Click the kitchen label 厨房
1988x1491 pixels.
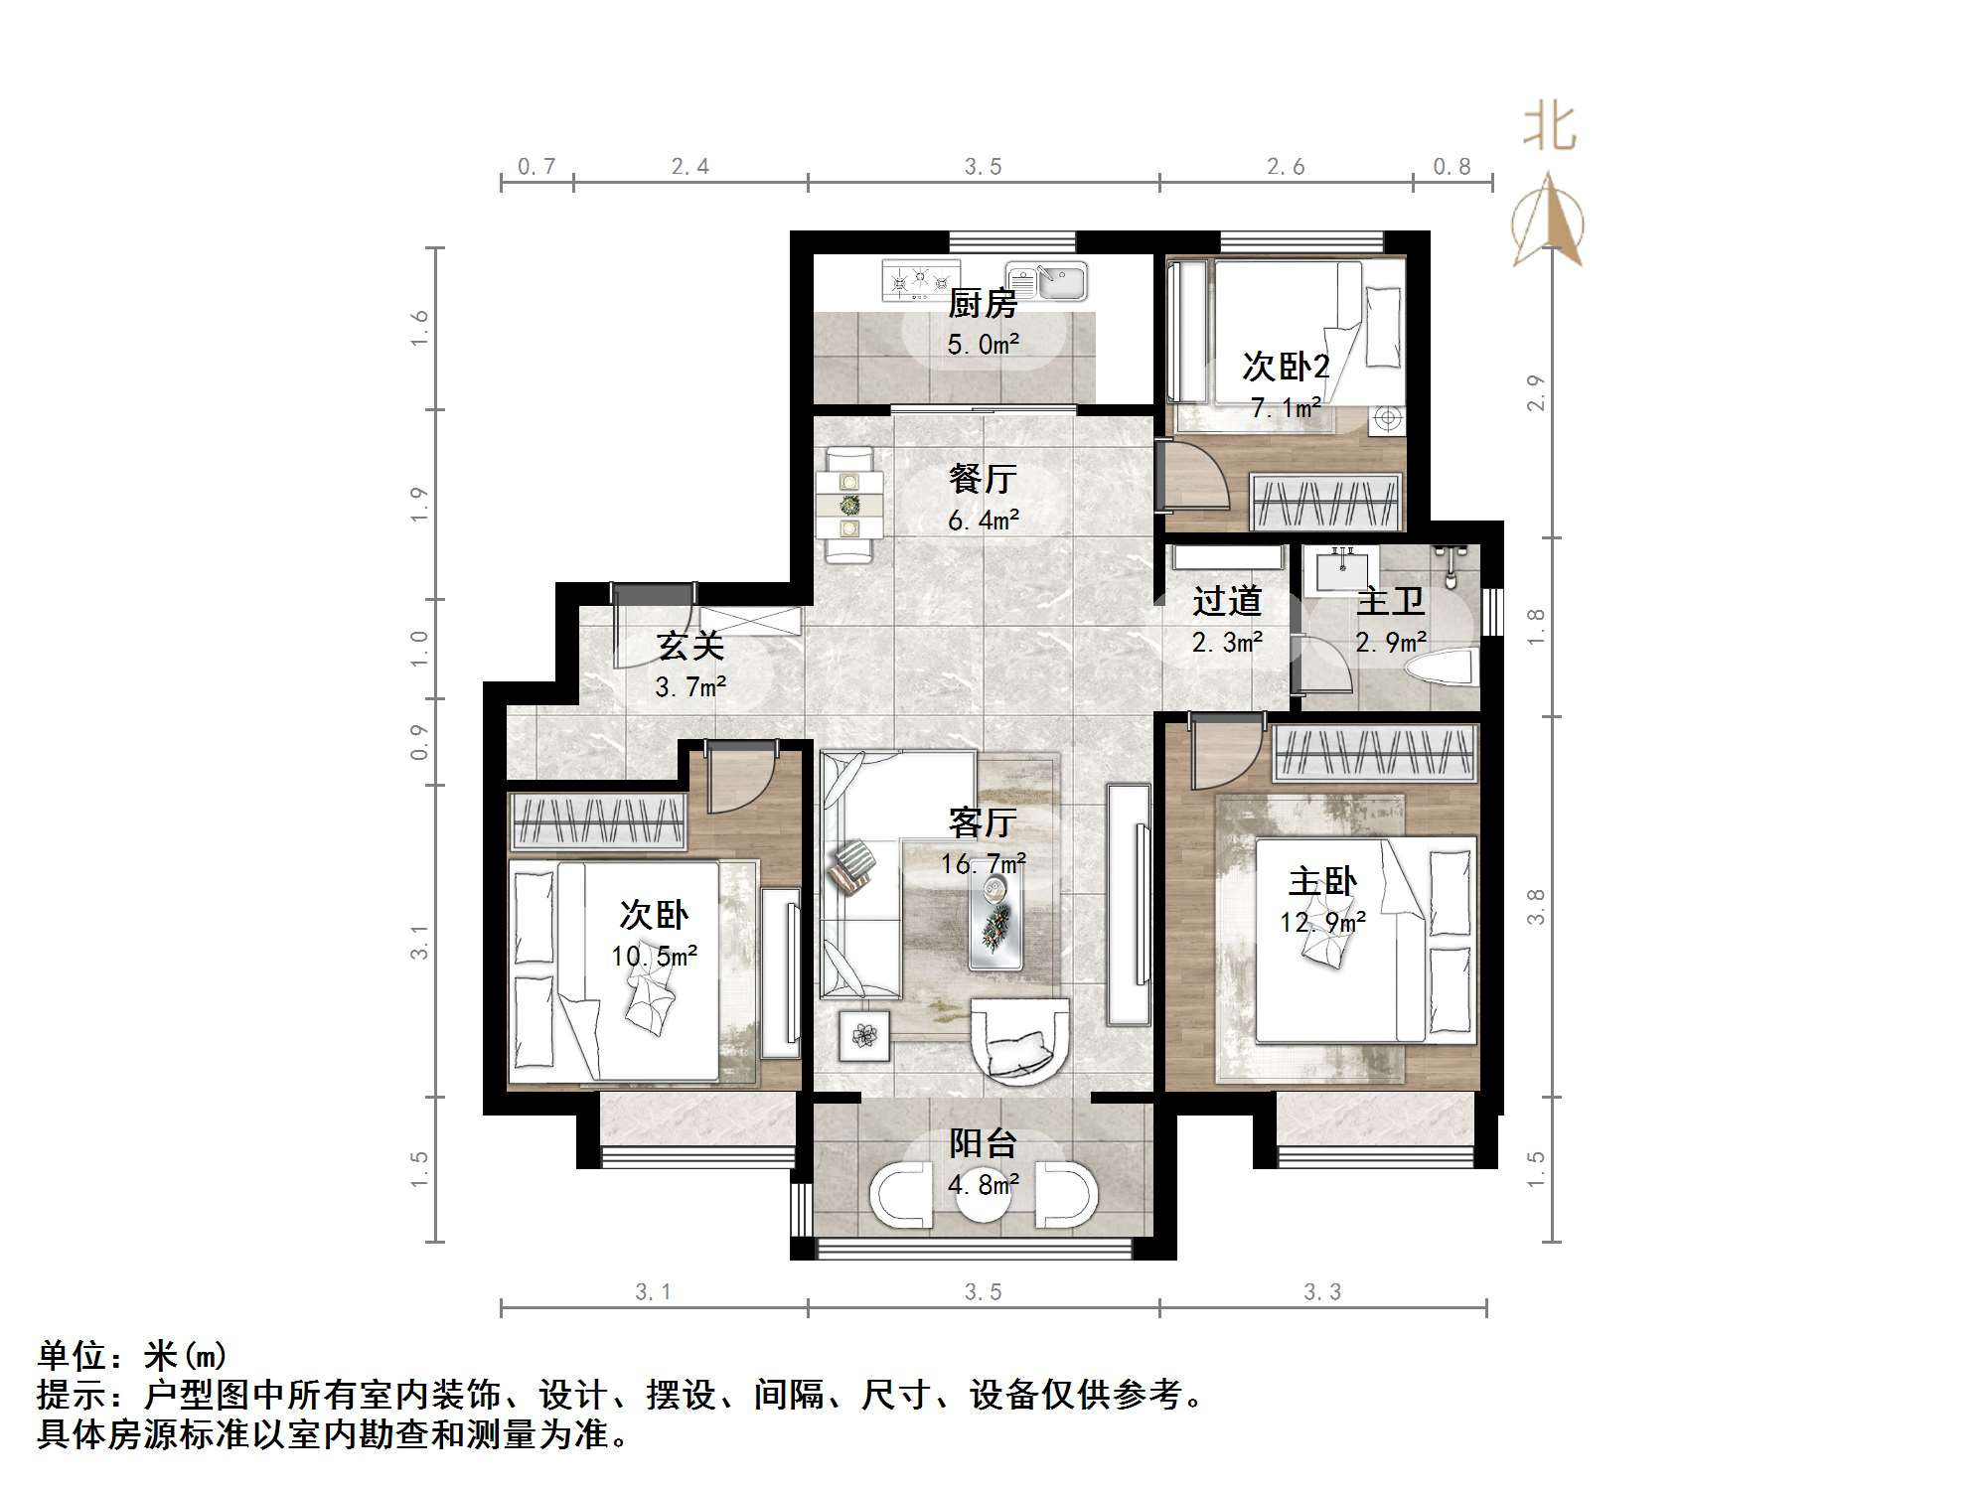click(982, 303)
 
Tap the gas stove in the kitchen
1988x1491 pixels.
click(920, 280)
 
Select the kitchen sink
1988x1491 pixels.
click(1047, 281)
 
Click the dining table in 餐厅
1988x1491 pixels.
click(849, 506)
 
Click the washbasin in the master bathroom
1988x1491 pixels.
click(1343, 571)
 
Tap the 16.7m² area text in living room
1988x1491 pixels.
click(983, 864)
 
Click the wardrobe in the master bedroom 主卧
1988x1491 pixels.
click(1375, 752)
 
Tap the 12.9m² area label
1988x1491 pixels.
click(1321, 923)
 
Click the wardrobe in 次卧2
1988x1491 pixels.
click(1326, 503)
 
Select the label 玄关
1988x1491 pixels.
click(689, 646)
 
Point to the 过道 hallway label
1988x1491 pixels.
click(1227, 601)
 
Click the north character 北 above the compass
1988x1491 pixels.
click(1550, 128)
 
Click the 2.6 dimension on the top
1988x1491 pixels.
click(1286, 167)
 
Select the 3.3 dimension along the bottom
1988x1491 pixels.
click(1322, 1291)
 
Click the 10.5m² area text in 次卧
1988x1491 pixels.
click(654, 957)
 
